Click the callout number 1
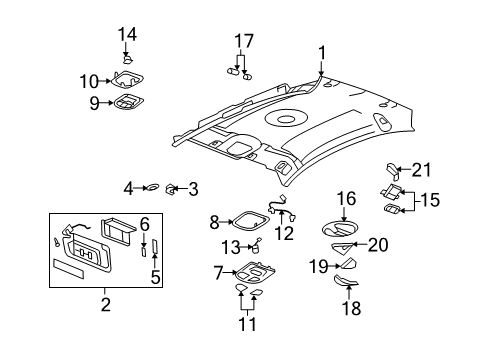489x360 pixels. click(322, 52)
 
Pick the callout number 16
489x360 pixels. click(346, 199)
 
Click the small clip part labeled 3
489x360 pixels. click(171, 187)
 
